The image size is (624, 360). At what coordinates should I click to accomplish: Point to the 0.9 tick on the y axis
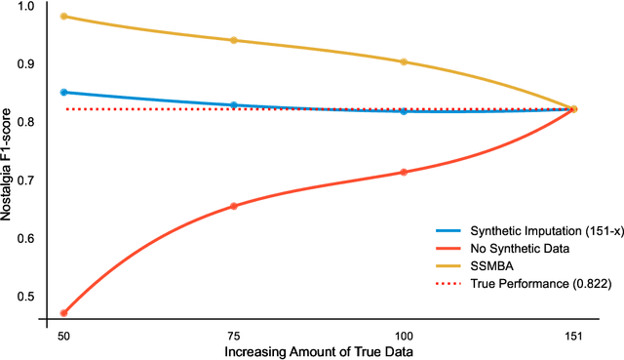coord(24,64)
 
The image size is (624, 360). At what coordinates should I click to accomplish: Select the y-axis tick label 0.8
coord(24,123)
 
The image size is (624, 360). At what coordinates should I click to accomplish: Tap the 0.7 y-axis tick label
coord(24,181)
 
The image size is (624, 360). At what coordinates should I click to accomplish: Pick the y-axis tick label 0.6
coord(24,239)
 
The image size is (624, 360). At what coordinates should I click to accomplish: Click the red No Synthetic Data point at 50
coord(64,313)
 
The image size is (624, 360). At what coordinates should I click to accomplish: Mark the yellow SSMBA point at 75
coord(233,40)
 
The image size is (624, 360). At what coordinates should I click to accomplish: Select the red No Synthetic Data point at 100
coord(404,173)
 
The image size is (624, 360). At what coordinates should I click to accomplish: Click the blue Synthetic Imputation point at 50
coord(64,92)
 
